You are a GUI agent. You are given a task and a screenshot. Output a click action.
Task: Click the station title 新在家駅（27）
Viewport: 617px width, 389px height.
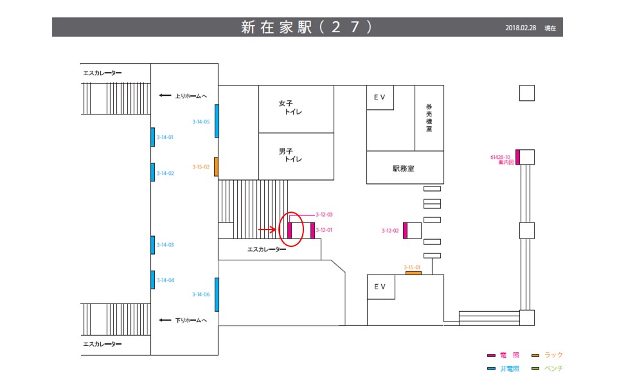coord(307,27)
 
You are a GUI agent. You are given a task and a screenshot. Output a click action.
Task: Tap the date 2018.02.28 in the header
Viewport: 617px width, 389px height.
coord(521,28)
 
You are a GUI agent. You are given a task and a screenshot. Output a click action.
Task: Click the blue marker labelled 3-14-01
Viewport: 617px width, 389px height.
coord(153,137)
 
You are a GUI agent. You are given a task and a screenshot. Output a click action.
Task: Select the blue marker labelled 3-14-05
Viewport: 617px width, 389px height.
coord(217,120)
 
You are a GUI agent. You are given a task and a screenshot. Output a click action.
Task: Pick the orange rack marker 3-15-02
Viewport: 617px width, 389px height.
coord(217,167)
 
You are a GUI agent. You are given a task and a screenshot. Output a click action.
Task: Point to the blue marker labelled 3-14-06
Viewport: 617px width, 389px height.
coord(217,294)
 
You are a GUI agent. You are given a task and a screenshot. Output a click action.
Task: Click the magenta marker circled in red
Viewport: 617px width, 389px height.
coord(290,230)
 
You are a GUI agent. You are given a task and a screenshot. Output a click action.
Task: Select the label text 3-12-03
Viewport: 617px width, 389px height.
coord(324,214)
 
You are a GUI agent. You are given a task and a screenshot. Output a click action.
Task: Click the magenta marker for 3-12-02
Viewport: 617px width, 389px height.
coord(406,230)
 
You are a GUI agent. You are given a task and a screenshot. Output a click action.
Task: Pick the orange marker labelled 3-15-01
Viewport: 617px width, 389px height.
coord(413,273)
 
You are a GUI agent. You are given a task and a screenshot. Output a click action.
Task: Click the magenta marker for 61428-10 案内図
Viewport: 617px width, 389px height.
coord(517,157)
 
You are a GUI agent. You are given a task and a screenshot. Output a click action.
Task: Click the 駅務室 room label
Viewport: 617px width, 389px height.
coord(404,168)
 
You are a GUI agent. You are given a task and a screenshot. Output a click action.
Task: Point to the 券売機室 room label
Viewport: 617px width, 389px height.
coord(429,118)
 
